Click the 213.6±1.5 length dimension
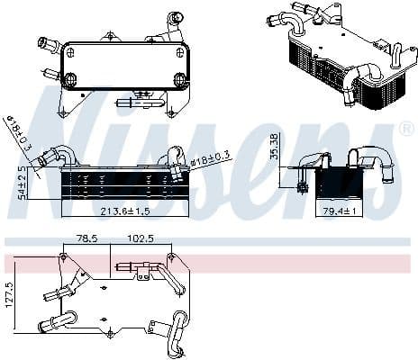click(125, 212)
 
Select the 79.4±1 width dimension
click(341, 212)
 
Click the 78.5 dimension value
click(86, 239)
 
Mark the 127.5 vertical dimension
click(9, 297)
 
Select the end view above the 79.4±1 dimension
click(338, 180)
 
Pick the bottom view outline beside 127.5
click(117, 297)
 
